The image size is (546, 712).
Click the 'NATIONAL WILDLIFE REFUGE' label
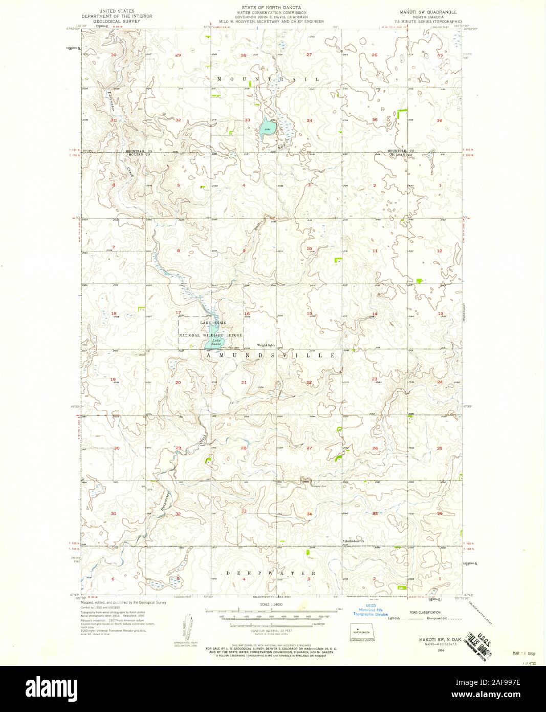[x=210, y=334]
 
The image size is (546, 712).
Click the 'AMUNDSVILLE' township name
[x=272, y=355]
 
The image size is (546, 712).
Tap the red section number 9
[x=244, y=250]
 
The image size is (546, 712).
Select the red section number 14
[x=375, y=313]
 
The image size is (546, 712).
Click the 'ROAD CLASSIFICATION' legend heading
[x=423, y=613]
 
